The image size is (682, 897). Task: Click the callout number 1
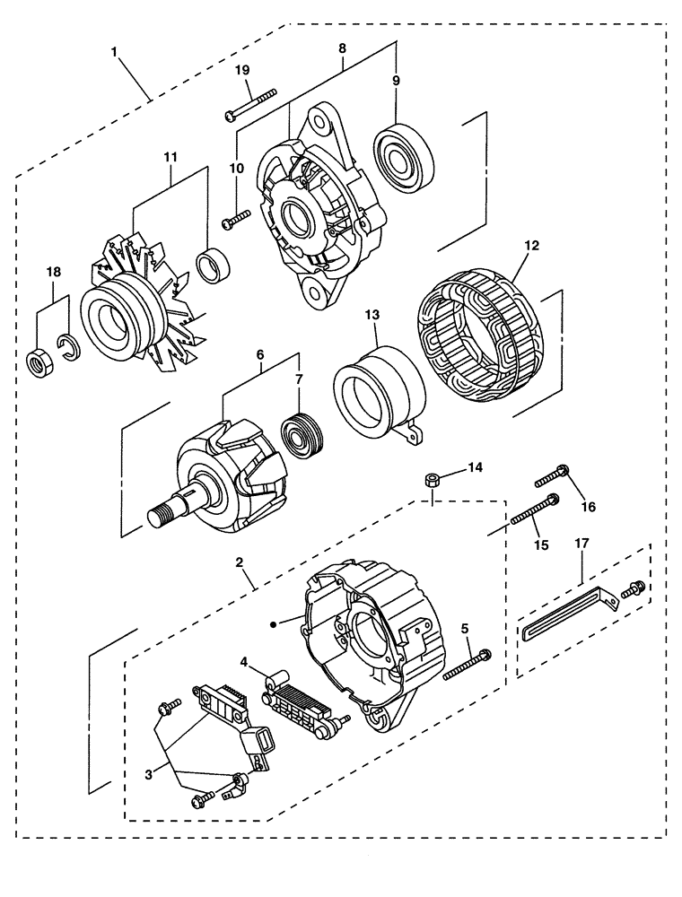coord(114,52)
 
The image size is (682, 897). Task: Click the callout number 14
coord(475,467)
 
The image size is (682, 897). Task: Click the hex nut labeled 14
coord(430,480)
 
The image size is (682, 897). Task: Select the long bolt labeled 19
coord(252,103)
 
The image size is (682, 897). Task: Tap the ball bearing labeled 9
coord(405,157)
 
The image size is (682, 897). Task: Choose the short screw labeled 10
coord(236,216)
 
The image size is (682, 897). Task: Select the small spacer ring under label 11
coord(214,266)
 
